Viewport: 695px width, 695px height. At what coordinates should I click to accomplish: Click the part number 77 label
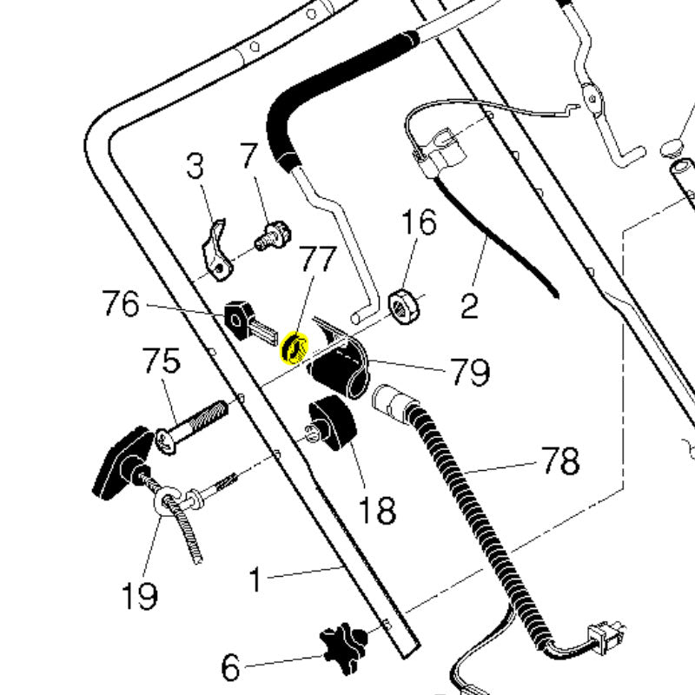pyautogui.click(x=318, y=259)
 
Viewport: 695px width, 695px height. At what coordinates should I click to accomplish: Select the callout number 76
pyautogui.click(x=121, y=303)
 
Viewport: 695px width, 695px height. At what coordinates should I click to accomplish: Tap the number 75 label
pyautogui.click(x=162, y=360)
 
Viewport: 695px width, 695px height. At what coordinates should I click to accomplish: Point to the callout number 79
pyautogui.click(x=470, y=372)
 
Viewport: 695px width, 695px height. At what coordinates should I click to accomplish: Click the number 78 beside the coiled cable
pyautogui.click(x=560, y=461)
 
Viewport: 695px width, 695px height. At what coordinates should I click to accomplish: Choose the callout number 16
pyautogui.click(x=419, y=222)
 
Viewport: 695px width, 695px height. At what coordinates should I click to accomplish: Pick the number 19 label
pyautogui.click(x=139, y=596)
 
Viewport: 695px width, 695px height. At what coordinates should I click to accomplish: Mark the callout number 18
pyautogui.click(x=377, y=510)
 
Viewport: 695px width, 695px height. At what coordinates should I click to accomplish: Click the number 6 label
pyautogui.click(x=230, y=667)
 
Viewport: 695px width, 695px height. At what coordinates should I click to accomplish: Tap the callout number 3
pyautogui.click(x=195, y=166)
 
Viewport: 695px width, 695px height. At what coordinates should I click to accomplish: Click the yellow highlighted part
pyautogui.click(x=295, y=348)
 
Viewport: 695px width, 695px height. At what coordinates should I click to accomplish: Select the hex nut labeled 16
pyautogui.click(x=404, y=306)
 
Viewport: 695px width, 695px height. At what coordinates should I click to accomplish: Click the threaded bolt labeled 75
pyautogui.click(x=191, y=427)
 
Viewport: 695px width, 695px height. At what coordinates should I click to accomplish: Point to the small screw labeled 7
pyautogui.click(x=274, y=236)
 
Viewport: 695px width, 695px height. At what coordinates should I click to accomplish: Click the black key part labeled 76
pyautogui.click(x=248, y=323)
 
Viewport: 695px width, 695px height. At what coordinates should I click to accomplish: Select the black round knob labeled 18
pyautogui.click(x=333, y=424)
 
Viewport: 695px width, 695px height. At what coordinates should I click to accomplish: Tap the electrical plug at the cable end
pyautogui.click(x=606, y=639)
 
